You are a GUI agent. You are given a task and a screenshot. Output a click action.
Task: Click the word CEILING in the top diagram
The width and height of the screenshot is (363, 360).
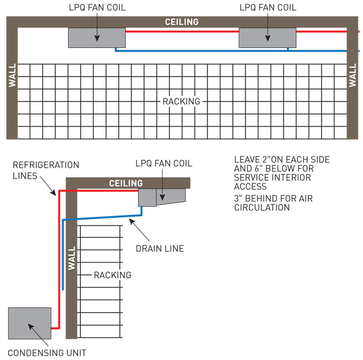tap(181, 22)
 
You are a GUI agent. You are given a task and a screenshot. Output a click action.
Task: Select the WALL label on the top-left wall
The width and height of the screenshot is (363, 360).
tap(13, 75)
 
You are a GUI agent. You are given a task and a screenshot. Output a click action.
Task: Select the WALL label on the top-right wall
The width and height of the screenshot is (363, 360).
tap(352, 75)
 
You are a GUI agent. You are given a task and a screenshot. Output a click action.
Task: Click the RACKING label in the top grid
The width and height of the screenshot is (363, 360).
tap(181, 102)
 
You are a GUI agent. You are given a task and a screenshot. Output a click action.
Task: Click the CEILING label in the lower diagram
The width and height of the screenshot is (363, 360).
tap(126, 183)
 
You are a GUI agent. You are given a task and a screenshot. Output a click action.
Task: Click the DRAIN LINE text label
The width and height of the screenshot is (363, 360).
tap(160, 248)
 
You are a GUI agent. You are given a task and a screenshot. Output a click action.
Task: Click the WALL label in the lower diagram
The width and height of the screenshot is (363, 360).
tap(71, 258)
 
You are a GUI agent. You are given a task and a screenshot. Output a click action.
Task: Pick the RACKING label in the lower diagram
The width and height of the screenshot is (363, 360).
tap(112, 275)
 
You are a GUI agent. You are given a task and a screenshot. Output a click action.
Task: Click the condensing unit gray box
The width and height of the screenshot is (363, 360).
tap(30, 323)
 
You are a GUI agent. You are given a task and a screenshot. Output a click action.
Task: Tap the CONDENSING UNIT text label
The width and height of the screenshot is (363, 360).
tap(47, 353)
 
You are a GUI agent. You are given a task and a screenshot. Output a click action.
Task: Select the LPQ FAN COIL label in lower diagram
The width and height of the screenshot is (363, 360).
tap(164, 164)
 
